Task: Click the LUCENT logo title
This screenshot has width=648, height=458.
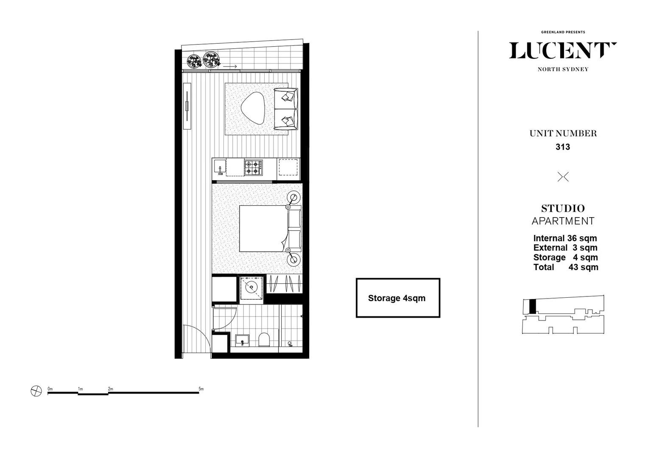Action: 562,51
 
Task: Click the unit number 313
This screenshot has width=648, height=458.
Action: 563,147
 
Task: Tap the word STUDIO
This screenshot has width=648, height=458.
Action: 563,209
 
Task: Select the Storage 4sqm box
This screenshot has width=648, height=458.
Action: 397,298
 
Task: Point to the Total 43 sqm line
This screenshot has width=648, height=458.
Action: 566,267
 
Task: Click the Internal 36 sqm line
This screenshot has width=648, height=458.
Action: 565,238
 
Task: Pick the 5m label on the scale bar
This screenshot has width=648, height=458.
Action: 201,389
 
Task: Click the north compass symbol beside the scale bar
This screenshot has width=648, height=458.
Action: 36,391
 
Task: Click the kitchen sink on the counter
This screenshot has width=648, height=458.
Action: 219,166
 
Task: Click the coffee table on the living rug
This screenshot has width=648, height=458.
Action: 254,108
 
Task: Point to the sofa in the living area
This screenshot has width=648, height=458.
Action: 286,109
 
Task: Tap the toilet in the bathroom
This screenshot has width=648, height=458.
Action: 264,340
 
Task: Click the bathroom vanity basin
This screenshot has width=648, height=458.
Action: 242,340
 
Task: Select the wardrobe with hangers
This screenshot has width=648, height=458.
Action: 285,283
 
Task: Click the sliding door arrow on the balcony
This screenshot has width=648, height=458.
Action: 230,67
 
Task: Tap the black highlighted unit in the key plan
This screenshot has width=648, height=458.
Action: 533,306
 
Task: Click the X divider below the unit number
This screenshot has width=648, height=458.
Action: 563,177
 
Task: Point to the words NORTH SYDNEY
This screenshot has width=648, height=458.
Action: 563,70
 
